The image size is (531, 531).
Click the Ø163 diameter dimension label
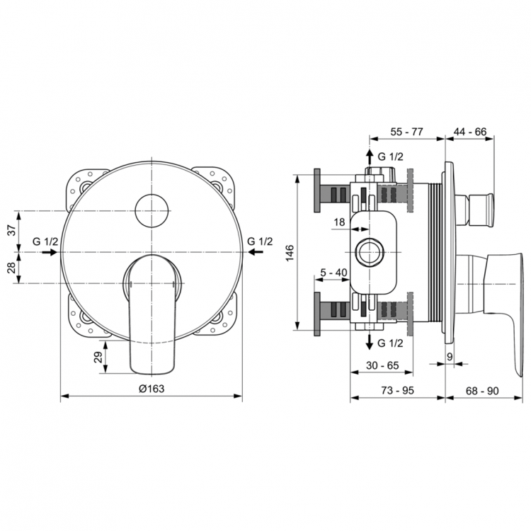(x=152, y=389)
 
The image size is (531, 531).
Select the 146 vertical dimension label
(x=290, y=253)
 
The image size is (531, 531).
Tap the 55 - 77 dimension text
(x=406, y=132)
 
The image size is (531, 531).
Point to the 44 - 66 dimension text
(x=469, y=132)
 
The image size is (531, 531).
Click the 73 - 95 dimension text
(x=398, y=390)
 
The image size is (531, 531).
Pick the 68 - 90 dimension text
(x=482, y=391)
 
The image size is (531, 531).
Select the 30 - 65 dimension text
(x=382, y=365)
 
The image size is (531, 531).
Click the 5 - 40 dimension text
(x=333, y=272)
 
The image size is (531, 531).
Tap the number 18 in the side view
(x=339, y=222)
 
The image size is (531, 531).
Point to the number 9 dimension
(x=450, y=356)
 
